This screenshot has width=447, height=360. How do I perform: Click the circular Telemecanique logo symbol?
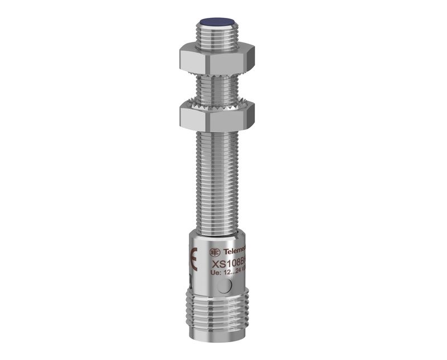coord(215,252)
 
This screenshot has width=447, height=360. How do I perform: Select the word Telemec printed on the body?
coord(235,252)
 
